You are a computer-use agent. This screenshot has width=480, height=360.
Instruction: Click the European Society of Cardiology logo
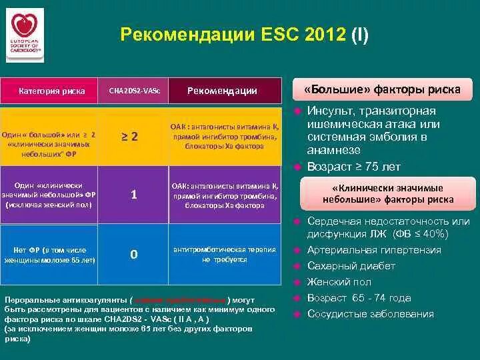[x=25, y=35]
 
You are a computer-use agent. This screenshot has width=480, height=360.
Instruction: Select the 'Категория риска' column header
[x=51, y=91]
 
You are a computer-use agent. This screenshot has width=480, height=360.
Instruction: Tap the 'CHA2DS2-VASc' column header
[x=133, y=91]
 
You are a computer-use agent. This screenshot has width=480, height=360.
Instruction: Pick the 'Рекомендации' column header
[x=222, y=91]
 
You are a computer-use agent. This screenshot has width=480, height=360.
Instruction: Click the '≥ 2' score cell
[x=133, y=136]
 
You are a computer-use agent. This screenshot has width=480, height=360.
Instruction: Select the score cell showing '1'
[x=133, y=195]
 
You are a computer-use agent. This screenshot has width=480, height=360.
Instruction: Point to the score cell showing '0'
[x=133, y=254]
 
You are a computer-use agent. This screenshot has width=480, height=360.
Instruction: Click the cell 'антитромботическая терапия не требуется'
[x=225, y=254]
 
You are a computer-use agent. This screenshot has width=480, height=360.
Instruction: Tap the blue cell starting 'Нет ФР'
[x=51, y=255]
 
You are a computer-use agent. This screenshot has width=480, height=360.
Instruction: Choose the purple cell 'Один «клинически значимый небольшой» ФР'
[x=51, y=195]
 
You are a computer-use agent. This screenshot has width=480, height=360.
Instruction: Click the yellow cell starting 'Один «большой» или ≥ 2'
[x=51, y=139]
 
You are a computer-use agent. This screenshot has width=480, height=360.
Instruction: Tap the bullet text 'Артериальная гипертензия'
[x=373, y=250]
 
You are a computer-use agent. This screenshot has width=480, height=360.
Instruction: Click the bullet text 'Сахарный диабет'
[x=351, y=266]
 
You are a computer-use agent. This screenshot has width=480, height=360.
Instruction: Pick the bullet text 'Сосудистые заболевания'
[x=370, y=314]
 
